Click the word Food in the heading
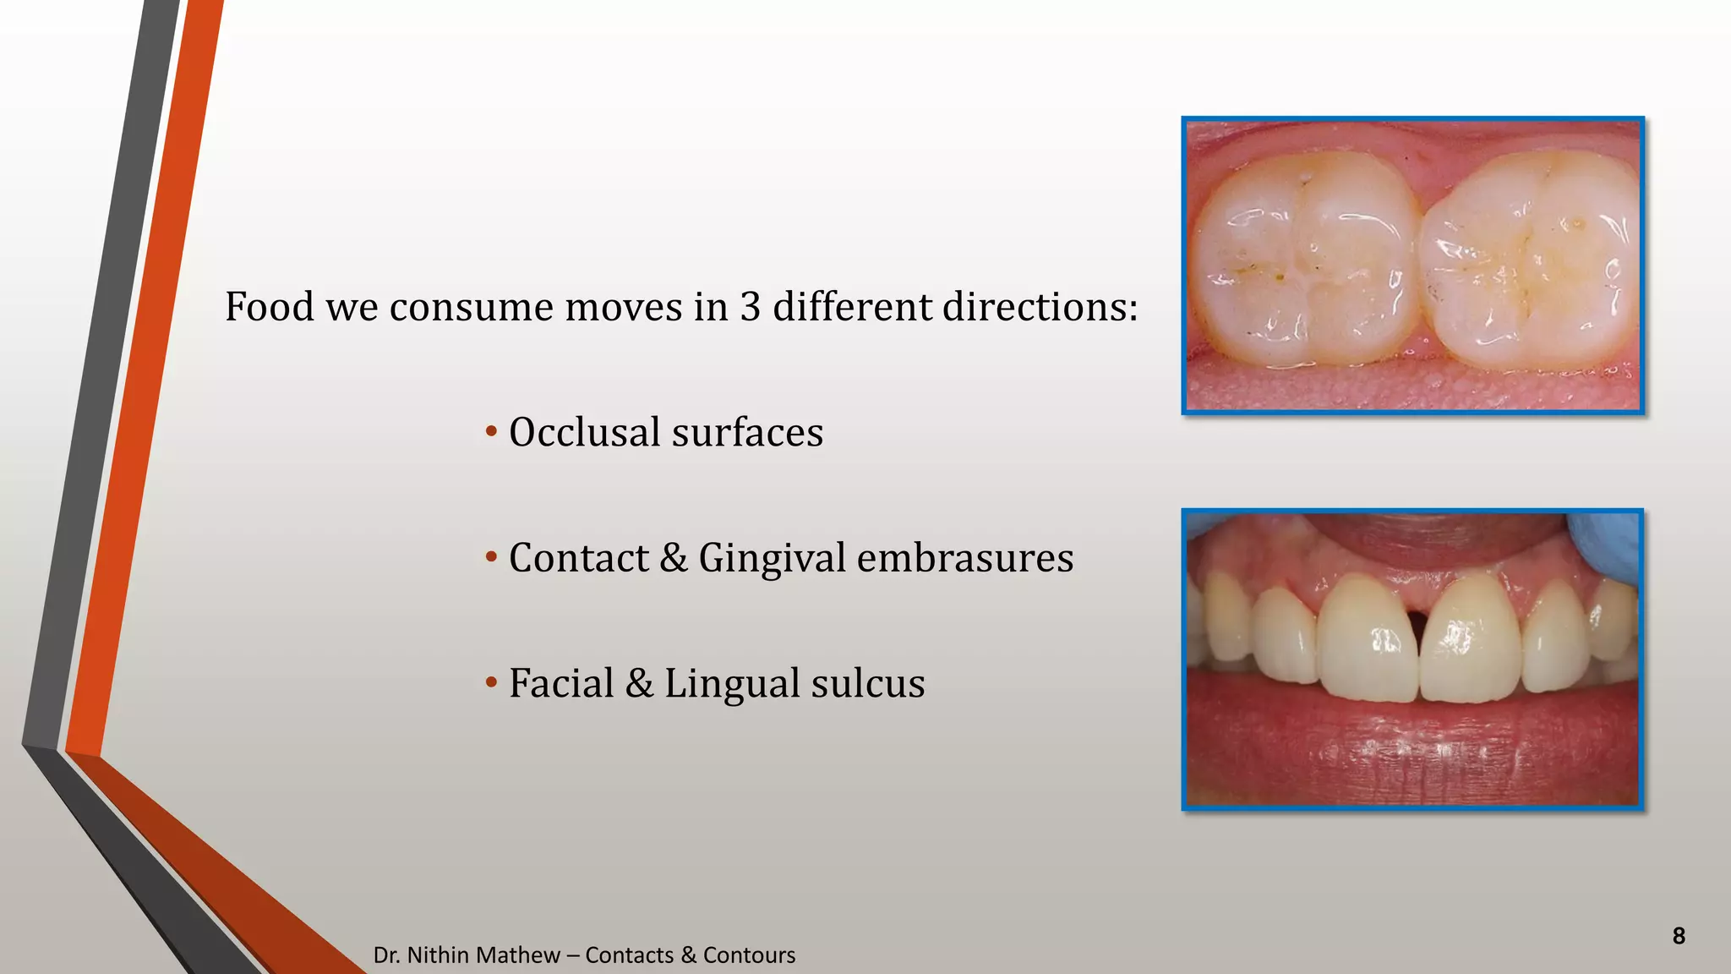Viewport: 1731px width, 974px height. pyautogui.click(x=269, y=307)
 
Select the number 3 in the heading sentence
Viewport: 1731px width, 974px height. pyautogui.click(x=750, y=307)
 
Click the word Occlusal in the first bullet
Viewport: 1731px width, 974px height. pyautogui.click(x=584, y=433)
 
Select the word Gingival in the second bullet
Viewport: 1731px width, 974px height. pyautogui.click(x=772, y=559)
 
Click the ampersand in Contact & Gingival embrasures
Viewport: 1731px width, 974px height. pyautogui.click(x=674, y=559)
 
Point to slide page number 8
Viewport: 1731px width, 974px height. pyautogui.click(x=1679, y=936)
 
